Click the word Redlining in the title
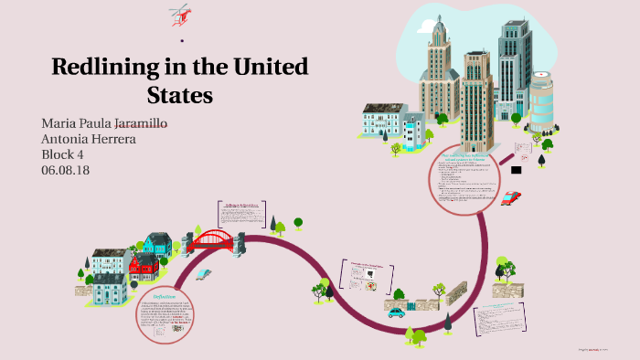point(101,68)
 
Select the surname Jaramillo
point(133,123)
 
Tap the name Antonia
point(68,139)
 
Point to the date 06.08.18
point(66,170)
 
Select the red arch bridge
point(211,241)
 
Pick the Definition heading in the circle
point(165,296)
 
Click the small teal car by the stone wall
point(396,312)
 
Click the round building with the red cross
point(541,99)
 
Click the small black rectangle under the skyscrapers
point(517,170)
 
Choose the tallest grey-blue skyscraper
point(514,69)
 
